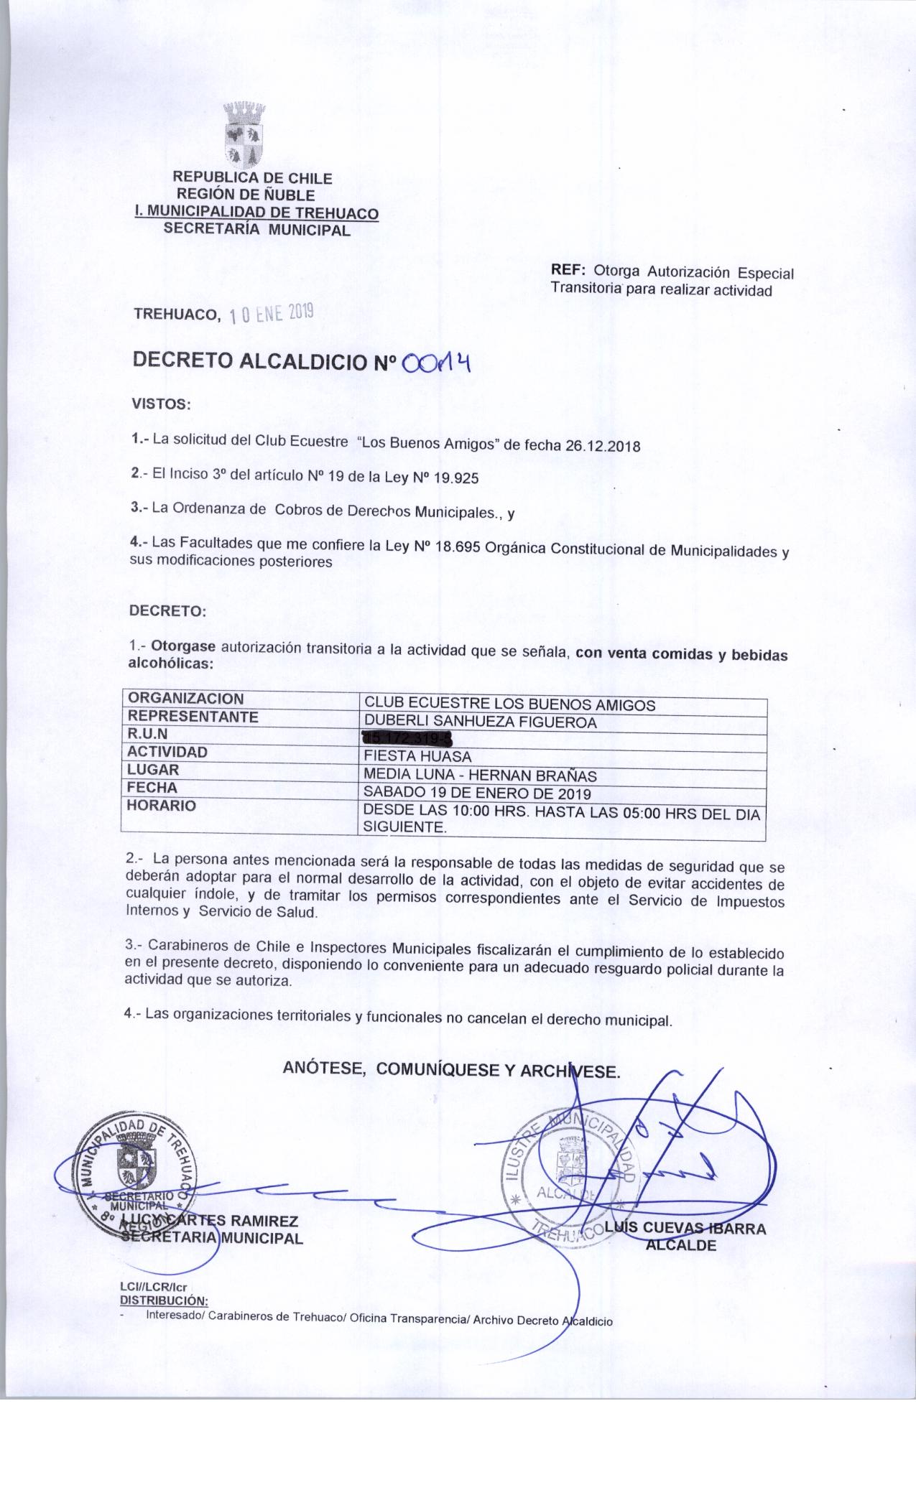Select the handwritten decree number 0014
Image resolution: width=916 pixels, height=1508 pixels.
438,363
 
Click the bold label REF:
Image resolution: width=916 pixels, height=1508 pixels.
569,271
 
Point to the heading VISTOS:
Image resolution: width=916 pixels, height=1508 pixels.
159,404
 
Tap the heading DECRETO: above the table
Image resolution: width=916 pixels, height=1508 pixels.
167,611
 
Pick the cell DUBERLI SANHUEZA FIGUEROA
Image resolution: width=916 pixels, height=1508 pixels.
481,722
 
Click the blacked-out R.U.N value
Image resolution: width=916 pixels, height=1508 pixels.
409,738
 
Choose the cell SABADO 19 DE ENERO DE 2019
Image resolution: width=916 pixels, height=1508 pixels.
477,793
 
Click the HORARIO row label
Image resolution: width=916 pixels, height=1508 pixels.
161,806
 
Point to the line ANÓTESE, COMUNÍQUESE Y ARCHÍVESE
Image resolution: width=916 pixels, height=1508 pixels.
451,1069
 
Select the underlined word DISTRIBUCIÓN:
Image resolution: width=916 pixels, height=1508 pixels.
164,1300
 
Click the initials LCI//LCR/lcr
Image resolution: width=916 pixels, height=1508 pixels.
153,1288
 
